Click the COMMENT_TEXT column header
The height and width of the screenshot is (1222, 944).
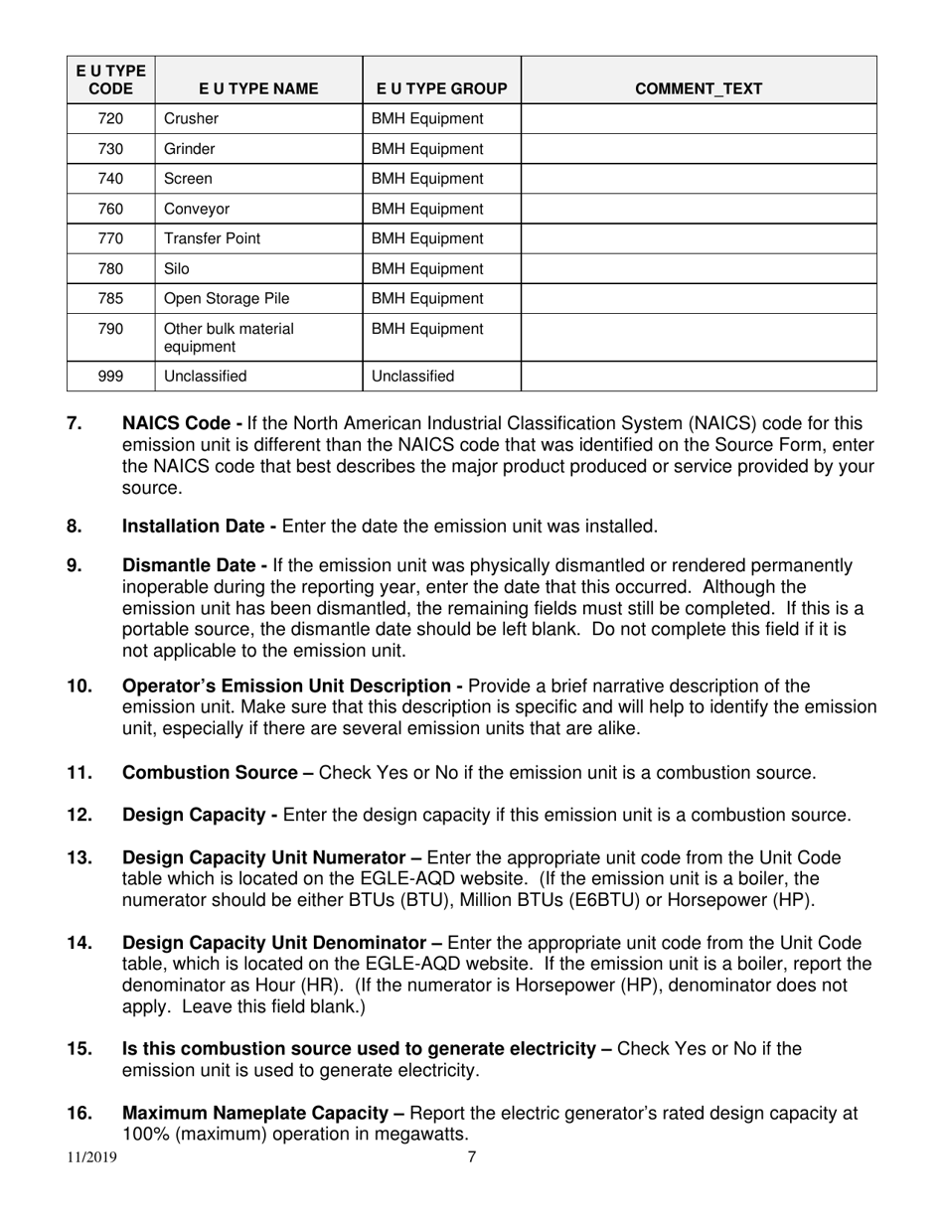(x=698, y=88)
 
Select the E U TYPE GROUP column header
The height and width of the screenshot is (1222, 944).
(x=441, y=88)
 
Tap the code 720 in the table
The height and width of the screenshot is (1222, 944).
(x=111, y=118)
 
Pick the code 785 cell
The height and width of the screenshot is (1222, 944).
(x=111, y=298)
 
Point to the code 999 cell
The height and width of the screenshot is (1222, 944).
(x=111, y=377)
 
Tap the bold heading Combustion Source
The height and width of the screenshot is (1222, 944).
(x=218, y=772)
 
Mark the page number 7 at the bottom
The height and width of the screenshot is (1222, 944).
(x=472, y=1156)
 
